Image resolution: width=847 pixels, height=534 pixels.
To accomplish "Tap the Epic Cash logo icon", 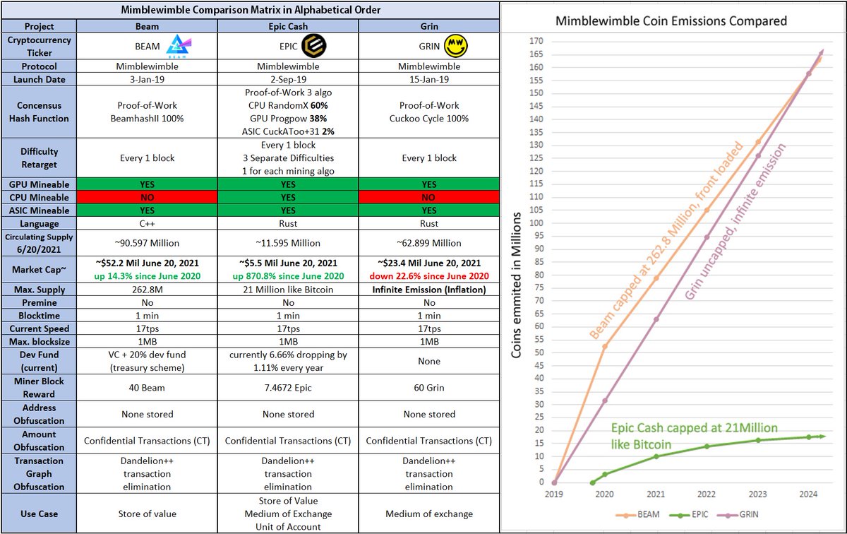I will [x=313, y=47].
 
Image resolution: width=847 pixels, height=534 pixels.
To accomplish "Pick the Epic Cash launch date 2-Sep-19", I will [x=287, y=79].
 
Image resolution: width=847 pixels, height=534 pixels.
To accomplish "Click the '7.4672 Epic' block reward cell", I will [x=287, y=388].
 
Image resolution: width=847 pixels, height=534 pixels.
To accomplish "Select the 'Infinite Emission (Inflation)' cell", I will [x=428, y=290].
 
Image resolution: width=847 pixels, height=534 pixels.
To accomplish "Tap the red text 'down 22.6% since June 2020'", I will [x=428, y=275].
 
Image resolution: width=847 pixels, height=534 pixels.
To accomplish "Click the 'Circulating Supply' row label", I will [x=40, y=243].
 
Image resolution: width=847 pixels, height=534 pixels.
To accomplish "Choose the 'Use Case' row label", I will [x=40, y=514].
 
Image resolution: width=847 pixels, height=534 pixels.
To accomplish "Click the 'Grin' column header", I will [x=428, y=26].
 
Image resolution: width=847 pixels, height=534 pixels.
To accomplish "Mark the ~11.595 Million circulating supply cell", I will [x=287, y=243].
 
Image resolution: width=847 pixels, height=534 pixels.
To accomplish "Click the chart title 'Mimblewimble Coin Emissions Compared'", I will [x=671, y=20].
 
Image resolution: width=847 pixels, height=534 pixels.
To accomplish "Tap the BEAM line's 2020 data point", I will [x=604, y=347].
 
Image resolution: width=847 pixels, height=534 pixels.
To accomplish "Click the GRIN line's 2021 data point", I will [x=656, y=319].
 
